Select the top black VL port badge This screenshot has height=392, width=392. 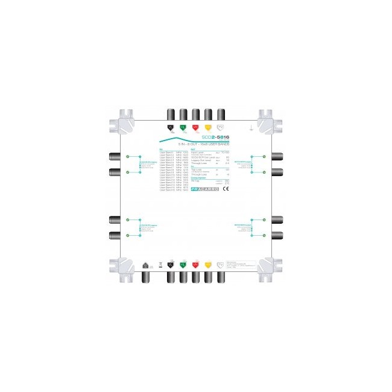tap(170, 127)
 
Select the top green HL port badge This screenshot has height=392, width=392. tap(183, 127)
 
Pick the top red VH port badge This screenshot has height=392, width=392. tap(195, 127)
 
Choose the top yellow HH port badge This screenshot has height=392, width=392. tap(208, 127)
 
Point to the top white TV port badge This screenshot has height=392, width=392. tap(221, 127)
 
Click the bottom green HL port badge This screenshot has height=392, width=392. tap(183, 264)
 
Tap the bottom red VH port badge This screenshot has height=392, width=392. tap(195, 264)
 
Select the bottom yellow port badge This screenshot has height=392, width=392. tap(208, 264)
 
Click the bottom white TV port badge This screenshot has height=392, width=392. tap(221, 264)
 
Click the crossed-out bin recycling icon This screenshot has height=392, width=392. tap(159, 264)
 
